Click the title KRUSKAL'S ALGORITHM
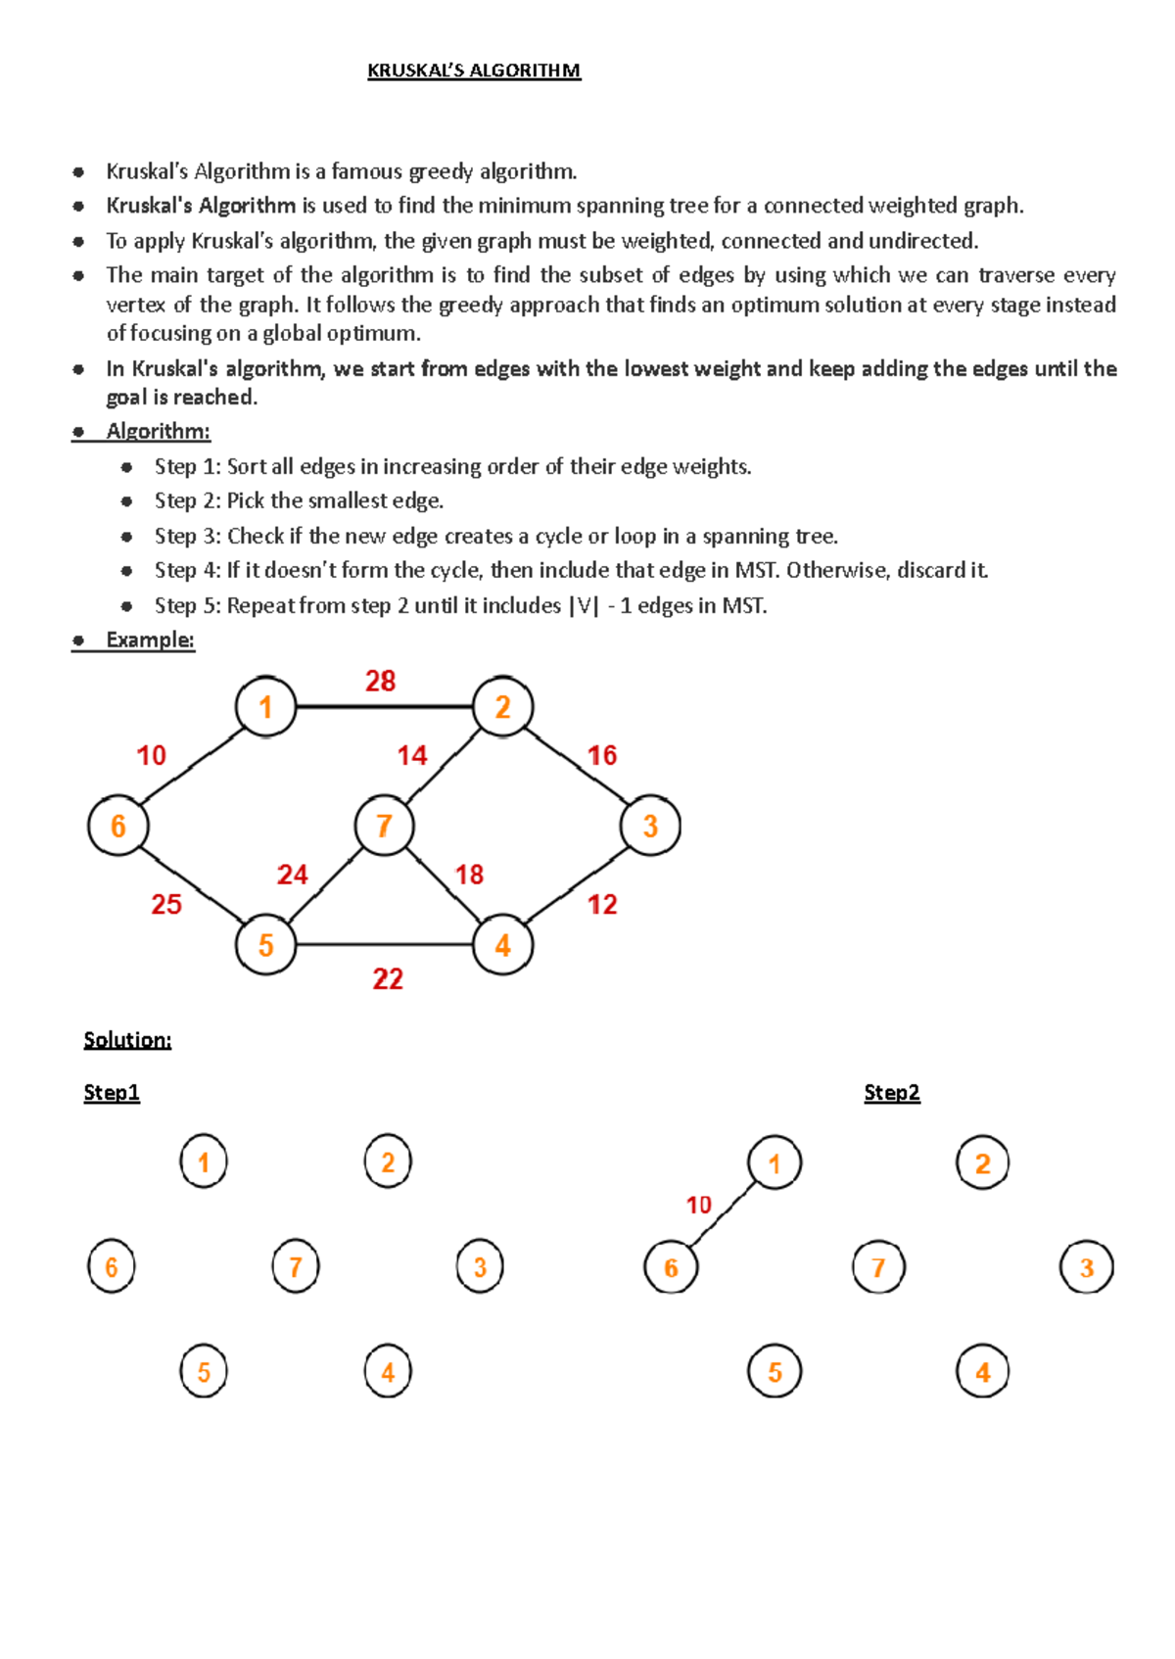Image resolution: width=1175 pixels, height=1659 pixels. coord(474,71)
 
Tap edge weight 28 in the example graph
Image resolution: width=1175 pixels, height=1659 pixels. coord(380,682)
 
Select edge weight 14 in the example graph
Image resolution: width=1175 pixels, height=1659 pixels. coord(412,755)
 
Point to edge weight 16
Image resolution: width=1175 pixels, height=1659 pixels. coord(602,755)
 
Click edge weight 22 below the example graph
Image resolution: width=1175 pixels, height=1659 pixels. coord(388,978)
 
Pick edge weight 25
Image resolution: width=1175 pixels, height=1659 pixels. coord(166,904)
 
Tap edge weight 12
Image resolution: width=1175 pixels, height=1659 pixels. coord(602,904)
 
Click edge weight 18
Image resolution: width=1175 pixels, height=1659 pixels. coord(469,875)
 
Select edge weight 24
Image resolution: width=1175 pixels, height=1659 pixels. coord(292,875)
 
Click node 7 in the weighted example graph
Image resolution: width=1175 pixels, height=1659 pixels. coord(384,826)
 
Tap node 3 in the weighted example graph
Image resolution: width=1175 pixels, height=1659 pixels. coord(650,826)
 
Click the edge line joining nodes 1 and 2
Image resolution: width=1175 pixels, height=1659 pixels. coord(384,706)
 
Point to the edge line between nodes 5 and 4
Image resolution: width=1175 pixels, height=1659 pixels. coord(384,945)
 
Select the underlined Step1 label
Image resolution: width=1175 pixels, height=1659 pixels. coord(112,1093)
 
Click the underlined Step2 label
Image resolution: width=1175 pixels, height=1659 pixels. coord(892,1093)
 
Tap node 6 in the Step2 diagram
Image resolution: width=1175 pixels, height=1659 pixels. coord(671,1267)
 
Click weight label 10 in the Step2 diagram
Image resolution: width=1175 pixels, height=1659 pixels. coord(698,1205)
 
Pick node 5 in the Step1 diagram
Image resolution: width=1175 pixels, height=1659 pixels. coord(204,1371)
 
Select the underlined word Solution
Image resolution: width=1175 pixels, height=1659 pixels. coord(127,1040)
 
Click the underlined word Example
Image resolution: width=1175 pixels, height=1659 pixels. coord(150,640)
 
